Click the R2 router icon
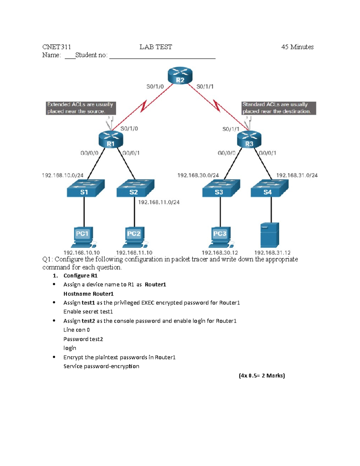point(180,76)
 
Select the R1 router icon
point(111,140)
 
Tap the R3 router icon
point(249,140)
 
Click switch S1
point(85,188)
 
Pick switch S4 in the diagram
point(269,188)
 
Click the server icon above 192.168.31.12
point(270,235)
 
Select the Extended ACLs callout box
point(80,108)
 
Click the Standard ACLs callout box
point(278,108)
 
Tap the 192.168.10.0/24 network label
point(63,175)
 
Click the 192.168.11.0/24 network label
point(159,202)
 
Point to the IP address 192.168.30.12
point(220,253)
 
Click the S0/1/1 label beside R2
point(205,87)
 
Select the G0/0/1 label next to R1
point(131,153)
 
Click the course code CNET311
point(56,47)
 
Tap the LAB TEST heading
point(156,47)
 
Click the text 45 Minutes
point(297,47)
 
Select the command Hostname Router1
point(88,294)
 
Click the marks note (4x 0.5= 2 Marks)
point(262,375)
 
